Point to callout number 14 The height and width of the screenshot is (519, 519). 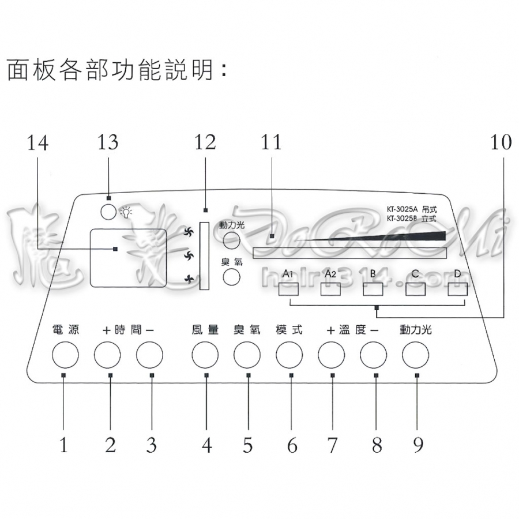(x=37, y=142)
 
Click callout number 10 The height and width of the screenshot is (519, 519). (x=501, y=142)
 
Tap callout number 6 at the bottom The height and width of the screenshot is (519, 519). (x=292, y=445)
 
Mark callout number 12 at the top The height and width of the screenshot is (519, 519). (x=205, y=142)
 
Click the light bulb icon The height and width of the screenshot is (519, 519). (x=126, y=212)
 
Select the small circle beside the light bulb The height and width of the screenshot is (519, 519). (x=108, y=212)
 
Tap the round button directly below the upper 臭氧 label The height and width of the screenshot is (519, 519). (x=231, y=277)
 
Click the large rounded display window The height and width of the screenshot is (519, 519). (x=128, y=257)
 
